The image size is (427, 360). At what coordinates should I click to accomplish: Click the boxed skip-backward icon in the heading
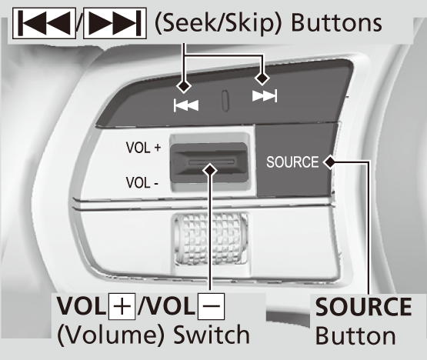point(44,23)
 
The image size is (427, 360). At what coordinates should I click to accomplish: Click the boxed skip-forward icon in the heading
point(115,23)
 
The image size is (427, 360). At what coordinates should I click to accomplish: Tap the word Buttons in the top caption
point(337,23)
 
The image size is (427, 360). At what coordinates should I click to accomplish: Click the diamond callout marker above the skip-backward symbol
point(184,86)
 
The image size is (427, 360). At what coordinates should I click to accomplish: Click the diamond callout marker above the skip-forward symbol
point(262,78)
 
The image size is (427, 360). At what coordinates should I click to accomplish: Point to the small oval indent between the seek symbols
point(225,101)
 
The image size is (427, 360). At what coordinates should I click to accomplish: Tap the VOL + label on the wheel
point(143,148)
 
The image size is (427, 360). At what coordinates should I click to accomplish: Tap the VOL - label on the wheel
point(142,182)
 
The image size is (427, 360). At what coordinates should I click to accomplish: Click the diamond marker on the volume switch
point(210,171)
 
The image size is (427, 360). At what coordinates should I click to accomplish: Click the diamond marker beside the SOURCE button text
point(330,162)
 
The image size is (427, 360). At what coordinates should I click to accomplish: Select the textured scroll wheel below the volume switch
point(211,238)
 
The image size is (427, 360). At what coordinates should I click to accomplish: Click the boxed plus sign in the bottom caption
point(122,306)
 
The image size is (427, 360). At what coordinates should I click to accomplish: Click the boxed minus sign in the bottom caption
point(212,306)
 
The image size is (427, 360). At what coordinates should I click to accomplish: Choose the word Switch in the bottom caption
point(212,335)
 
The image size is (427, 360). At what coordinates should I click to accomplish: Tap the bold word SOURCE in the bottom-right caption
point(364,307)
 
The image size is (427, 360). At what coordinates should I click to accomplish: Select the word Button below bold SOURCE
point(355,335)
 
